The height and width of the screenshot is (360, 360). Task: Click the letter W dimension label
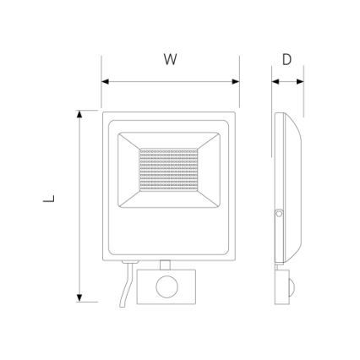tap(171, 59)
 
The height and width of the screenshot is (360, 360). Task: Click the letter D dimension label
tap(286, 59)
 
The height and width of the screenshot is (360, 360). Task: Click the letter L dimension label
tap(49, 199)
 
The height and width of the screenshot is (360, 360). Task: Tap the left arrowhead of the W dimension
tap(105, 82)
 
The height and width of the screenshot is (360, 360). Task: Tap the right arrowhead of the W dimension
tap(236, 82)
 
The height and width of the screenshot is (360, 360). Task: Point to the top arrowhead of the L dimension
tap(79, 114)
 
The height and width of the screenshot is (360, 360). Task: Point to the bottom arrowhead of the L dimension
tap(79, 298)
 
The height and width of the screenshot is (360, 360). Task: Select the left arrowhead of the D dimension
tap(275, 82)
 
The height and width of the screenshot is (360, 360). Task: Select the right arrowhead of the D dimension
tap(300, 82)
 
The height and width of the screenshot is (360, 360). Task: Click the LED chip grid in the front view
tap(168, 170)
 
